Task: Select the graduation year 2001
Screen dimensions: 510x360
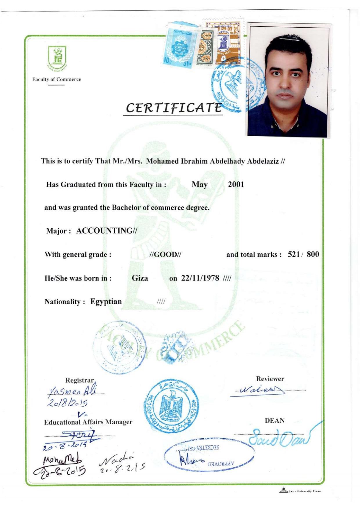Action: coord(236,185)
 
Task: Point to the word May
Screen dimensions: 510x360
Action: coord(199,185)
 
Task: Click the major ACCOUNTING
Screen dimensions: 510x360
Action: coord(106,231)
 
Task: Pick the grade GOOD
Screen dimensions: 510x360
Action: coord(165,255)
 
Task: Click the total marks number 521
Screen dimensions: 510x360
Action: coord(294,255)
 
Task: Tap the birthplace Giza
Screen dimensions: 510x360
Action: coord(140,278)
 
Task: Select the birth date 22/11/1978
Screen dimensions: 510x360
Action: coord(200,278)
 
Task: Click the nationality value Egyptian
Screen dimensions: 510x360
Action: coord(106,302)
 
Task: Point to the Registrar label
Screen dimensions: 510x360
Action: coord(80,380)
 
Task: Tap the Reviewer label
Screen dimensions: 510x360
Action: coord(270,379)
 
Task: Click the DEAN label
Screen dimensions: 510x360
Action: coord(274,420)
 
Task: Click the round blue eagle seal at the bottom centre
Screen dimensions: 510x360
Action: coord(171,405)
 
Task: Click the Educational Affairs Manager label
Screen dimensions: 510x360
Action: coord(88,422)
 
